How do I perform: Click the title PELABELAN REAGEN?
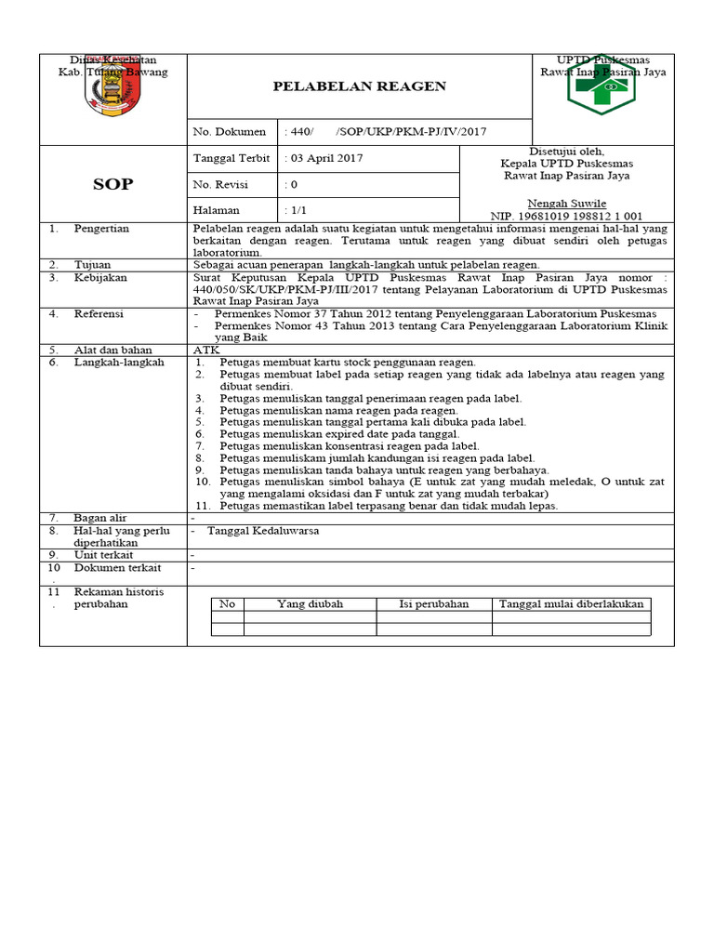359,86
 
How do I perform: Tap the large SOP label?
112,184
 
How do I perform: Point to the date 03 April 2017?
324,158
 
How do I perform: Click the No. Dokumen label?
229,132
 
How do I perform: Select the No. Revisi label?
222,184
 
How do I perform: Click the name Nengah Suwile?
566,203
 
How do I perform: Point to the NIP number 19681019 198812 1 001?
566,216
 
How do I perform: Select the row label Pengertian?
102,228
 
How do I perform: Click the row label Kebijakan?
101,277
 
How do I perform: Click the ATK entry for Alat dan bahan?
205,350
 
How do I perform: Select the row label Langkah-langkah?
119,362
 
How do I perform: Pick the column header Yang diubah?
310,603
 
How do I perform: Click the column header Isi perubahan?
434,603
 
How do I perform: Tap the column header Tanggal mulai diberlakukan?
571,603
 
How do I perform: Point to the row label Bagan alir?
100,518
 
